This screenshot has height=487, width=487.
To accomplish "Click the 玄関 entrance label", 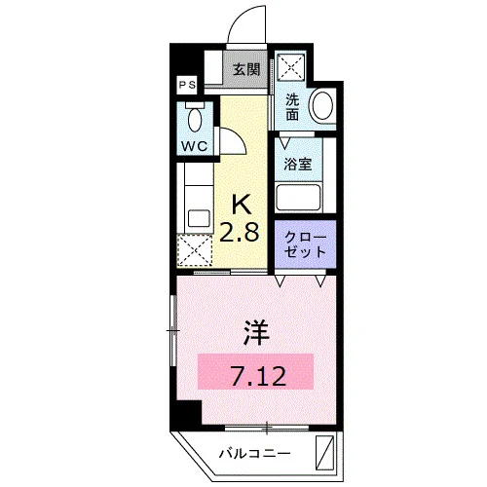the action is [246, 69].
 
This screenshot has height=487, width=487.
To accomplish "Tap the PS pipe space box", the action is [187, 85].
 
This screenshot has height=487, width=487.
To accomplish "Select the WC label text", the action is [194, 146].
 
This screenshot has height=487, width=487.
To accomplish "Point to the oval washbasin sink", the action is [322, 105].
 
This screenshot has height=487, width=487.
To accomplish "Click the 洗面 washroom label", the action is [292, 107].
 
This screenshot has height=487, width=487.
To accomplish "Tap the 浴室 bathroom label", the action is [298, 164].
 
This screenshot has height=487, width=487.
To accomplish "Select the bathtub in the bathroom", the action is [298, 198].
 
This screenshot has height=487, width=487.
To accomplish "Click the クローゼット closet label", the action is [305, 244].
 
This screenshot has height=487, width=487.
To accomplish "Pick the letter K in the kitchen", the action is [242, 205].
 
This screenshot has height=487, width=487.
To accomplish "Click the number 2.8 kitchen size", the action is [240, 232].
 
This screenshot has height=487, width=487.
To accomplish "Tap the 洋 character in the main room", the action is [256, 332].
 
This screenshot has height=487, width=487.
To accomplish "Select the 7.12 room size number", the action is [259, 376].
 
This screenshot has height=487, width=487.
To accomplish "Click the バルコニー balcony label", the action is [254, 453].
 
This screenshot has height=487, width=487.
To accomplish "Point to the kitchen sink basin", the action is [199, 218].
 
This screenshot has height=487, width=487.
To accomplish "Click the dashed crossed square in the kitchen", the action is [195, 250].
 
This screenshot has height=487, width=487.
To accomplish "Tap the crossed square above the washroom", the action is [290, 66].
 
